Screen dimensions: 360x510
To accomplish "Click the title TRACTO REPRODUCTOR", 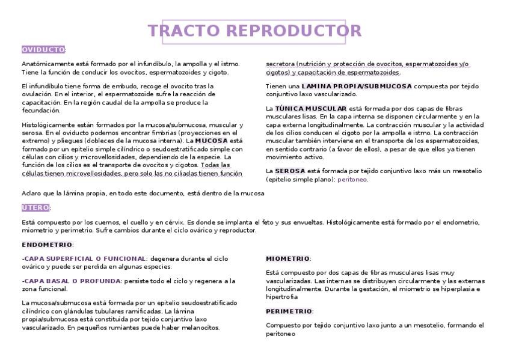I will [255, 31].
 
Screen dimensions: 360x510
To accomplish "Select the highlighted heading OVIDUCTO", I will [43, 49].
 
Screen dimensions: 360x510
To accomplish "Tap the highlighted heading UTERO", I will [35, 207].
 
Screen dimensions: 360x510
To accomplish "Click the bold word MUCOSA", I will [212, 141].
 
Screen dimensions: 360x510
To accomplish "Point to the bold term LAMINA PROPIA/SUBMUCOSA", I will [357, 86].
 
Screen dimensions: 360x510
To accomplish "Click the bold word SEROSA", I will [290, 171].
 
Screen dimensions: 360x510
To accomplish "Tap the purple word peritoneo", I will [352, 179].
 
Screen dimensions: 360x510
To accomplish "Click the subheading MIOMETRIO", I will [287, 258].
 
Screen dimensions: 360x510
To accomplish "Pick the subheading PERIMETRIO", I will [289, 311].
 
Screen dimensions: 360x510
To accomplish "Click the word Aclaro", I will [31, 193].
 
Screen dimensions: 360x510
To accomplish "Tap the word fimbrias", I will [168, 132].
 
